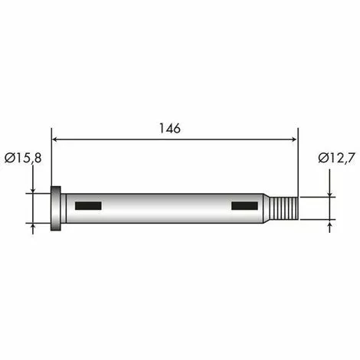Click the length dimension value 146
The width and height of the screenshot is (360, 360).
[171, 129]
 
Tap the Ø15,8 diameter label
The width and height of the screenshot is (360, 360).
[24, 158]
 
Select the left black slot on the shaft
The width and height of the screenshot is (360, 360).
[88, 205]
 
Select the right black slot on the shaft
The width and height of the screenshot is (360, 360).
[245, 205]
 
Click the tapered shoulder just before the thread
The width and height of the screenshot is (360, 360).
[269, 208]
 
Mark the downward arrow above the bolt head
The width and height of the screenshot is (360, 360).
[34, 188]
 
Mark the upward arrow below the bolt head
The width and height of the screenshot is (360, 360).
[34, 227]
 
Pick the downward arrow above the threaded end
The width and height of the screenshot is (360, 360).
[330, 192]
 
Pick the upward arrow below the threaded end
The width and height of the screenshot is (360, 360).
[330, 224]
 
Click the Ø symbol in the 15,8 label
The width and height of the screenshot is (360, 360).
[8, 158]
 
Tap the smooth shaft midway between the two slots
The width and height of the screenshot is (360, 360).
[167, 208]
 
